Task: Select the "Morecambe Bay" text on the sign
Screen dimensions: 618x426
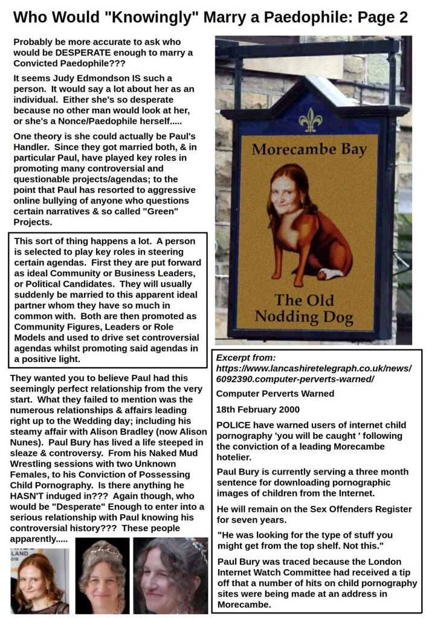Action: pyautogui.click(x=309, y=150)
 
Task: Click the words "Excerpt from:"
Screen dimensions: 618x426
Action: pyautogui.click(x=246, y=358)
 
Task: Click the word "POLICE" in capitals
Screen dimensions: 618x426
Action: pyautogui.click(x=233, y=424)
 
